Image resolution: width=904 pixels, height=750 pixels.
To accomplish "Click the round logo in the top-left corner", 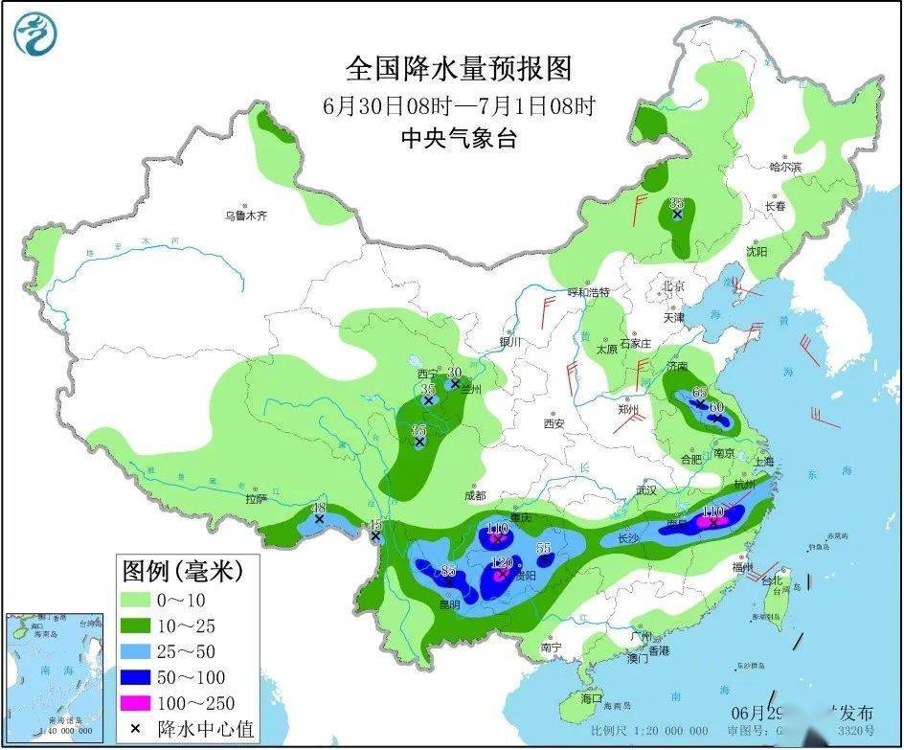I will [35, 34].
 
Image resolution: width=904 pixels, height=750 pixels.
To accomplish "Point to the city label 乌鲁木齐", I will [246, 216].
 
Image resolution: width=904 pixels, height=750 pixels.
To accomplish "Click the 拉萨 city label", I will [255, 499].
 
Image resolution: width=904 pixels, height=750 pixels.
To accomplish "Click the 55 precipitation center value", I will [544, 548].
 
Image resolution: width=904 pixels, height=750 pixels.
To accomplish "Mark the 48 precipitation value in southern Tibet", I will [319, 508].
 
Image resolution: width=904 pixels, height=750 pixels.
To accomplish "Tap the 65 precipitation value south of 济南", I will [700, 392].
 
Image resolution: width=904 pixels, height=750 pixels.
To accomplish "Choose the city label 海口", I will [591, 698].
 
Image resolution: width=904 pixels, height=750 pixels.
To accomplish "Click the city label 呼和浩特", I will [589, 292].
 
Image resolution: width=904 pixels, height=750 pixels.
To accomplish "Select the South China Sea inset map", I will [55, 675].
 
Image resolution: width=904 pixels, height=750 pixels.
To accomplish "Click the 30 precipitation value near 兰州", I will [455, 372].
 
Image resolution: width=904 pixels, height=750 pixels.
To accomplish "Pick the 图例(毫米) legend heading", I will [181, 572].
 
